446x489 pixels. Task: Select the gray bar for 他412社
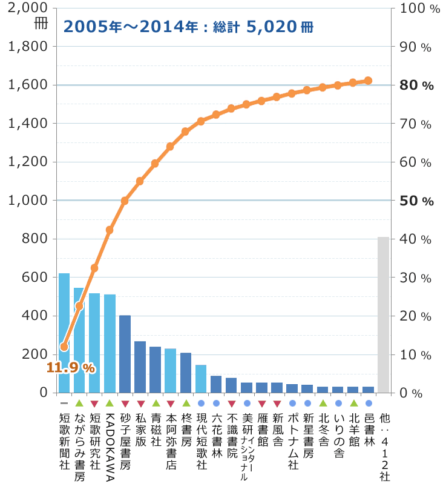383,314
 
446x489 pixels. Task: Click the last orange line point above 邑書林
368,81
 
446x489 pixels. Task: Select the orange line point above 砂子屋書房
125,201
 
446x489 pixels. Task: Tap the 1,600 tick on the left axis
27,85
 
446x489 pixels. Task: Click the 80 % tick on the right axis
417,85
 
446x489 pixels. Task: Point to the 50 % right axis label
417,201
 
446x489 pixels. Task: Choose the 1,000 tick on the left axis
27,201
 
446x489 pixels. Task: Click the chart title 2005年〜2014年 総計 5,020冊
188,27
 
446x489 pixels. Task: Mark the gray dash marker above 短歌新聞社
64,403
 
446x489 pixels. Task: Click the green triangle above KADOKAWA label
110,403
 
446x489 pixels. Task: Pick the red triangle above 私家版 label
140,403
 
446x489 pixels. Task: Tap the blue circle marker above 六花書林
216,403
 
